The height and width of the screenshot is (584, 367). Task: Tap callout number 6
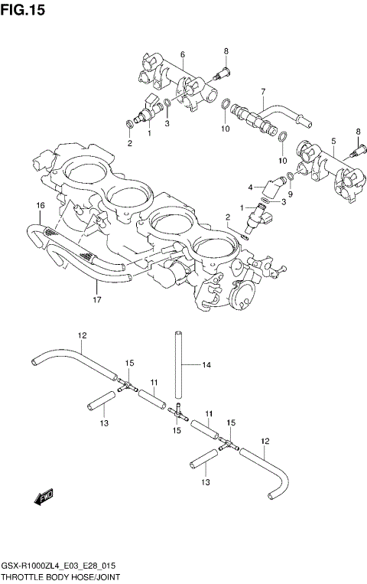183,54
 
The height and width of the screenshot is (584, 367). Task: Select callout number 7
261,91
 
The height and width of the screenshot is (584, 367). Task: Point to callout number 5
333,140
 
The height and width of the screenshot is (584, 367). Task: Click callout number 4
250,187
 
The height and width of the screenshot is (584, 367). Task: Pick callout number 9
291,194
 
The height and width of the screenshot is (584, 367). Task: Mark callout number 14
206,365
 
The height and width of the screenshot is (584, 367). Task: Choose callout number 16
41,205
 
